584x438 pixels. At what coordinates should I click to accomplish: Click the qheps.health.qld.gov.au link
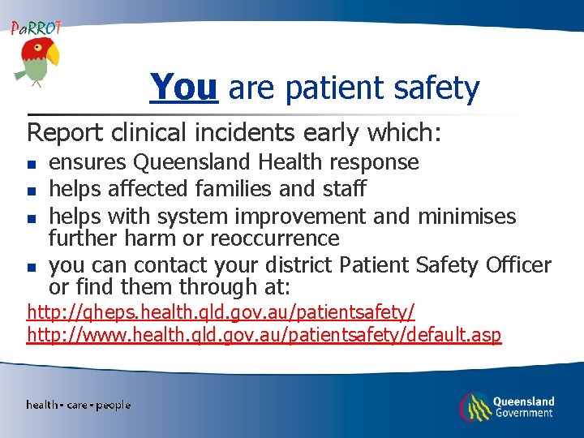click(x=221, y=311)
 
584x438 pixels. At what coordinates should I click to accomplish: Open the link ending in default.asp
click(x=264, y=334)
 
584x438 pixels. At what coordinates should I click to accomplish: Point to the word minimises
click(x=466, y=217)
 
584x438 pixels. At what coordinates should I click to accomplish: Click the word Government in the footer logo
click(x=525, y=413)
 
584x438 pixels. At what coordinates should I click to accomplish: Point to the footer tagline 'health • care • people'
click(x=78, y=405)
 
